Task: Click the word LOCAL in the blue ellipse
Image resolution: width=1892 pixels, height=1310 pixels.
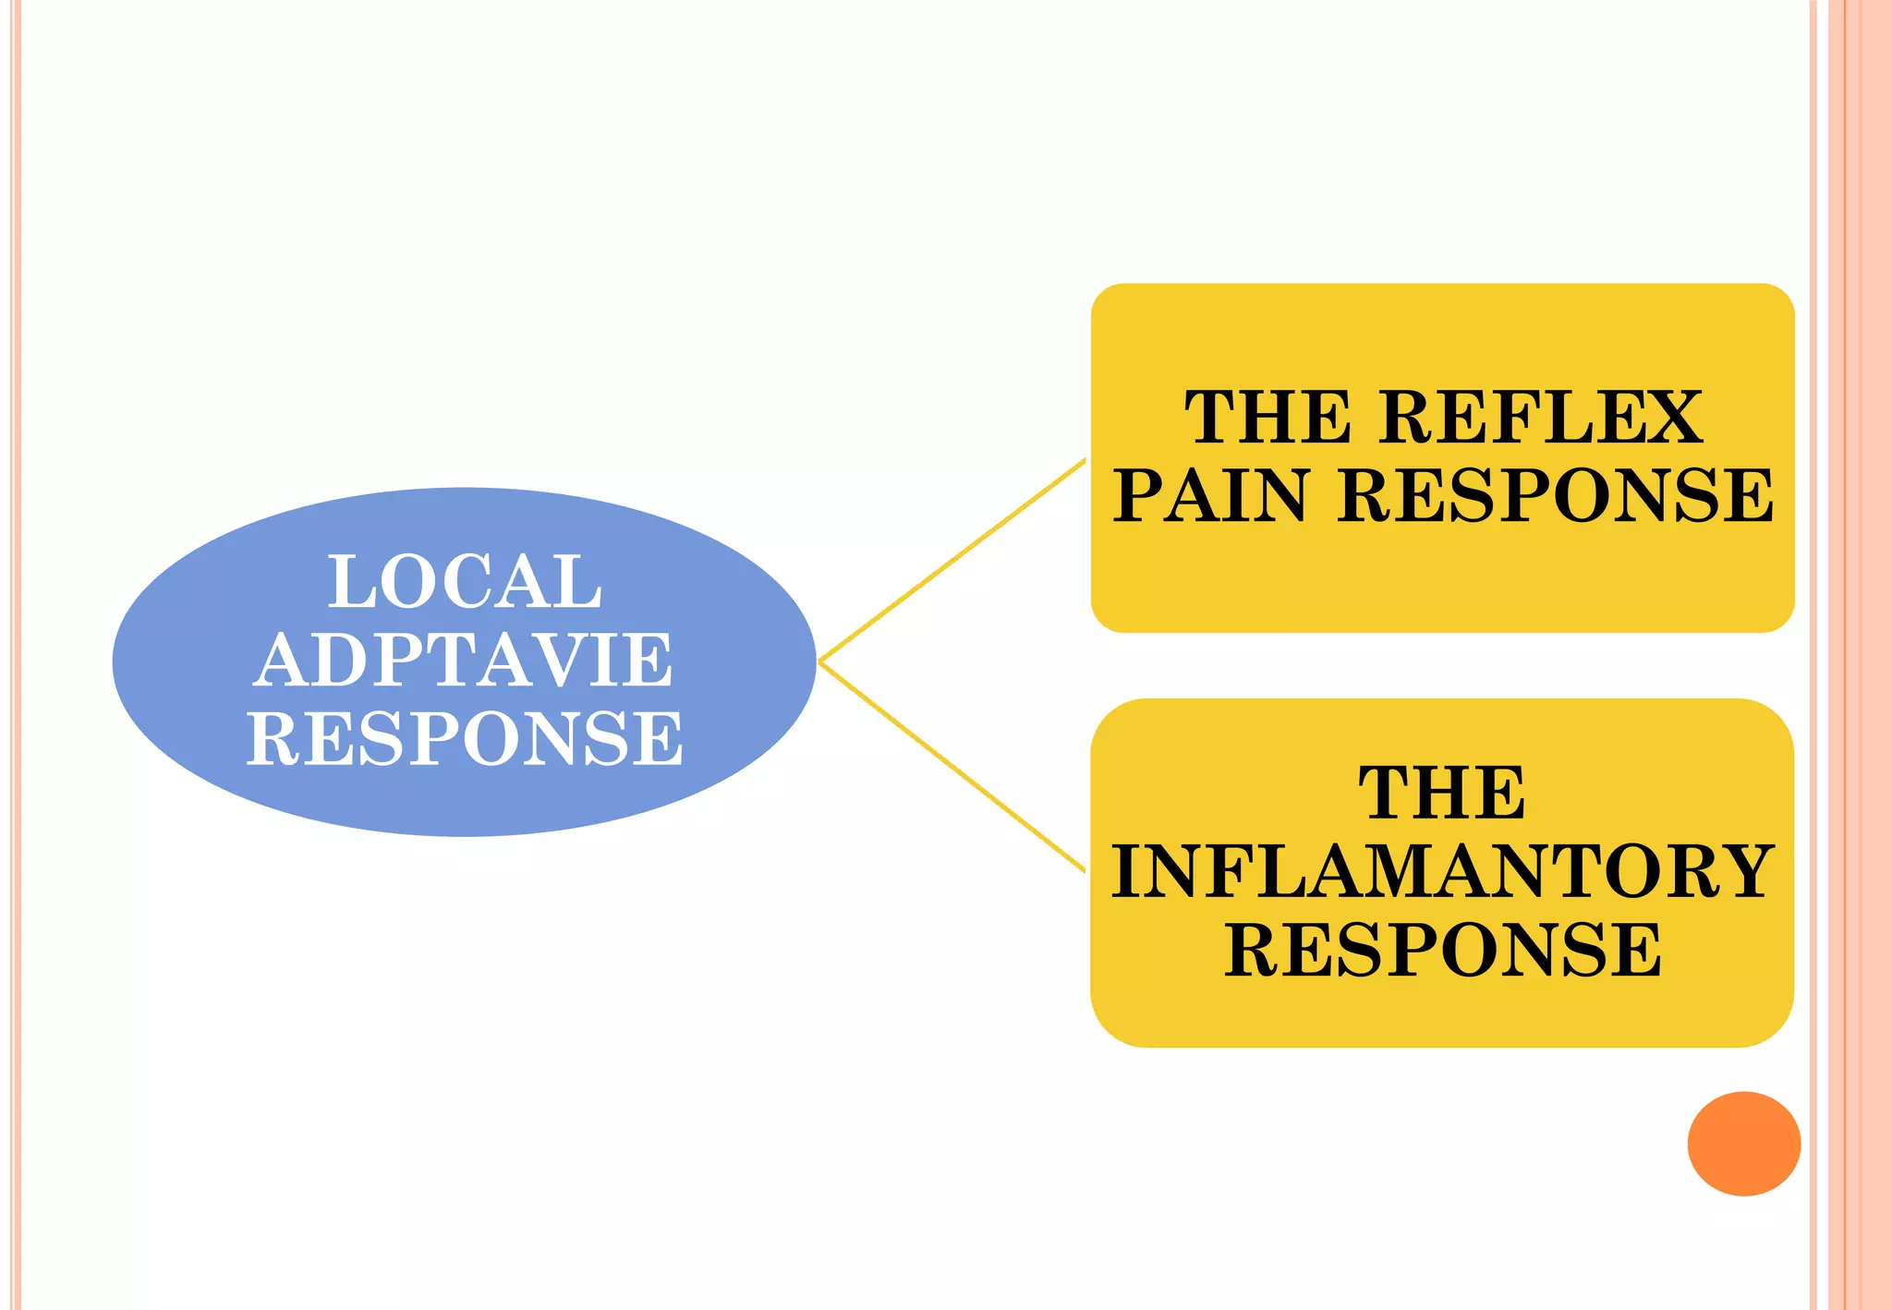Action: (465, 582)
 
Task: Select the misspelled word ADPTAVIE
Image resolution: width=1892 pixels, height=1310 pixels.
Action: (463, 661)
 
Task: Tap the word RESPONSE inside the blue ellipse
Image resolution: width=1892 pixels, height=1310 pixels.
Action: (465, 738)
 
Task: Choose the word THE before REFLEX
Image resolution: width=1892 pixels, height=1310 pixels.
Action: (1267, 418)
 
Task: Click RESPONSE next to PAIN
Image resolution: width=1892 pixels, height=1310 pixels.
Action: (1555, 495)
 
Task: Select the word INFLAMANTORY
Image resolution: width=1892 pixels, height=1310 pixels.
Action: (1442, 870)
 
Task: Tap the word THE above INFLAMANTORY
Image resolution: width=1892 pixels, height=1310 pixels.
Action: (1442, 793)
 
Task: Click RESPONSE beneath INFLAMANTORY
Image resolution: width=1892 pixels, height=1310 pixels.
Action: (1442, 949)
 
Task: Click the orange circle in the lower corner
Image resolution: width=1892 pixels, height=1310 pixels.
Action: (1743, 1144)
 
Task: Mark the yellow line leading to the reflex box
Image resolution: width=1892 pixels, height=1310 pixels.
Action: (952, 561)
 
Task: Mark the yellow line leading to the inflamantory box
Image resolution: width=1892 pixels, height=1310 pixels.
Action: (952, 766)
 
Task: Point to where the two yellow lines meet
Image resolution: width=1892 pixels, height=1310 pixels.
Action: (820, 661)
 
